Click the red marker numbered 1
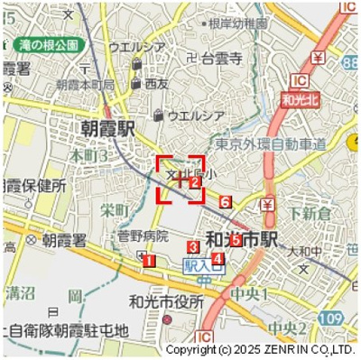[149, 262]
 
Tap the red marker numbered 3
[193, 247]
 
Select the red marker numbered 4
[218, 259]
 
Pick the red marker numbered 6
[225, 201]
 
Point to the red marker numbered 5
[236, 240]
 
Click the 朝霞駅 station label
[106, 130]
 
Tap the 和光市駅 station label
[241, 240]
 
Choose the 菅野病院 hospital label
[143, 236]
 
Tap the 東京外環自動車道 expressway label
[271, 144]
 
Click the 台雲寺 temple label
[221, 59]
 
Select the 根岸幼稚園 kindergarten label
[237, 24]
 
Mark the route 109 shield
[331, 318]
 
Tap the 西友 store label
[156, 83]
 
